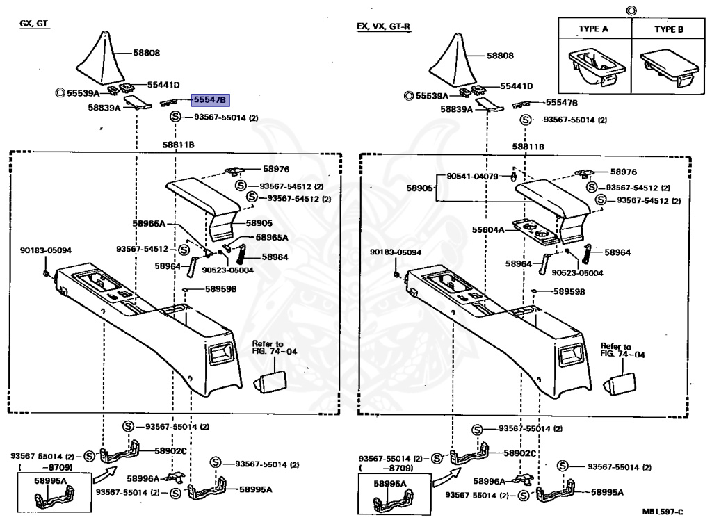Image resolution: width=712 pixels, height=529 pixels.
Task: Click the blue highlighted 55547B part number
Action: [x=211, y=101]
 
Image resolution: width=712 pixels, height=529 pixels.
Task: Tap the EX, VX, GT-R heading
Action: [x=383, y=26]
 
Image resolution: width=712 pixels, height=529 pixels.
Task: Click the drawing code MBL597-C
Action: [x=663, y=512]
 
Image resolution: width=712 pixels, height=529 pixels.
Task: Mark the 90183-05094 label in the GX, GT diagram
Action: [x=46, y=250]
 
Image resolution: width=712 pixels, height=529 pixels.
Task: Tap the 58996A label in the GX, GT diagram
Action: [x=144, y=478]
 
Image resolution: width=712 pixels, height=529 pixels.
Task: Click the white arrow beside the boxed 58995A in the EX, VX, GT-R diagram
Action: [x=442, y=476]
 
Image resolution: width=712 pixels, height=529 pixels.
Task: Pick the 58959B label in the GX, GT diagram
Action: [x=220, y=288]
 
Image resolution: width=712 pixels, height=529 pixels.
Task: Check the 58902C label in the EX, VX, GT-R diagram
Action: [x=519, y=453]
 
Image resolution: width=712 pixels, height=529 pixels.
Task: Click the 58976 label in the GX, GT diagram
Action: [x=257, y=169]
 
